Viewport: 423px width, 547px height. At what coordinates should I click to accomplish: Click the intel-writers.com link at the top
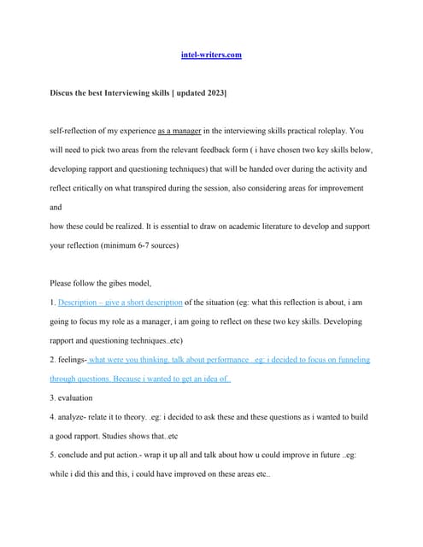pos(211,55)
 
